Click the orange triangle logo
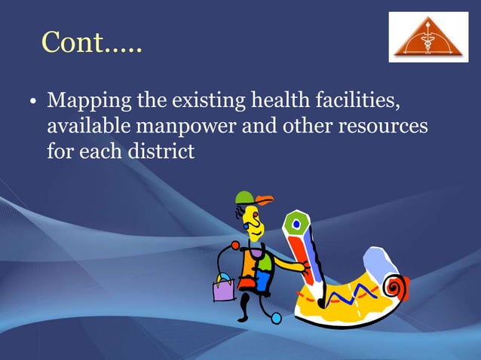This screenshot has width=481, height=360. [x=427, y=38]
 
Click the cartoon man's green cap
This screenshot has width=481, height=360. [x=244, y=198]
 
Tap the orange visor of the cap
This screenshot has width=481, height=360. [x=264, y=200]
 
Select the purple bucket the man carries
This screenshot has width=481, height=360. [x=224, y=288]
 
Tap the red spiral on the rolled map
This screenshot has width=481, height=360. [x=394, y=287]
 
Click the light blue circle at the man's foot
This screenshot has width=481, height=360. [x=277, y=319]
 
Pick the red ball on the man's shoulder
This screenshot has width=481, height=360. [x=235, y=246]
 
